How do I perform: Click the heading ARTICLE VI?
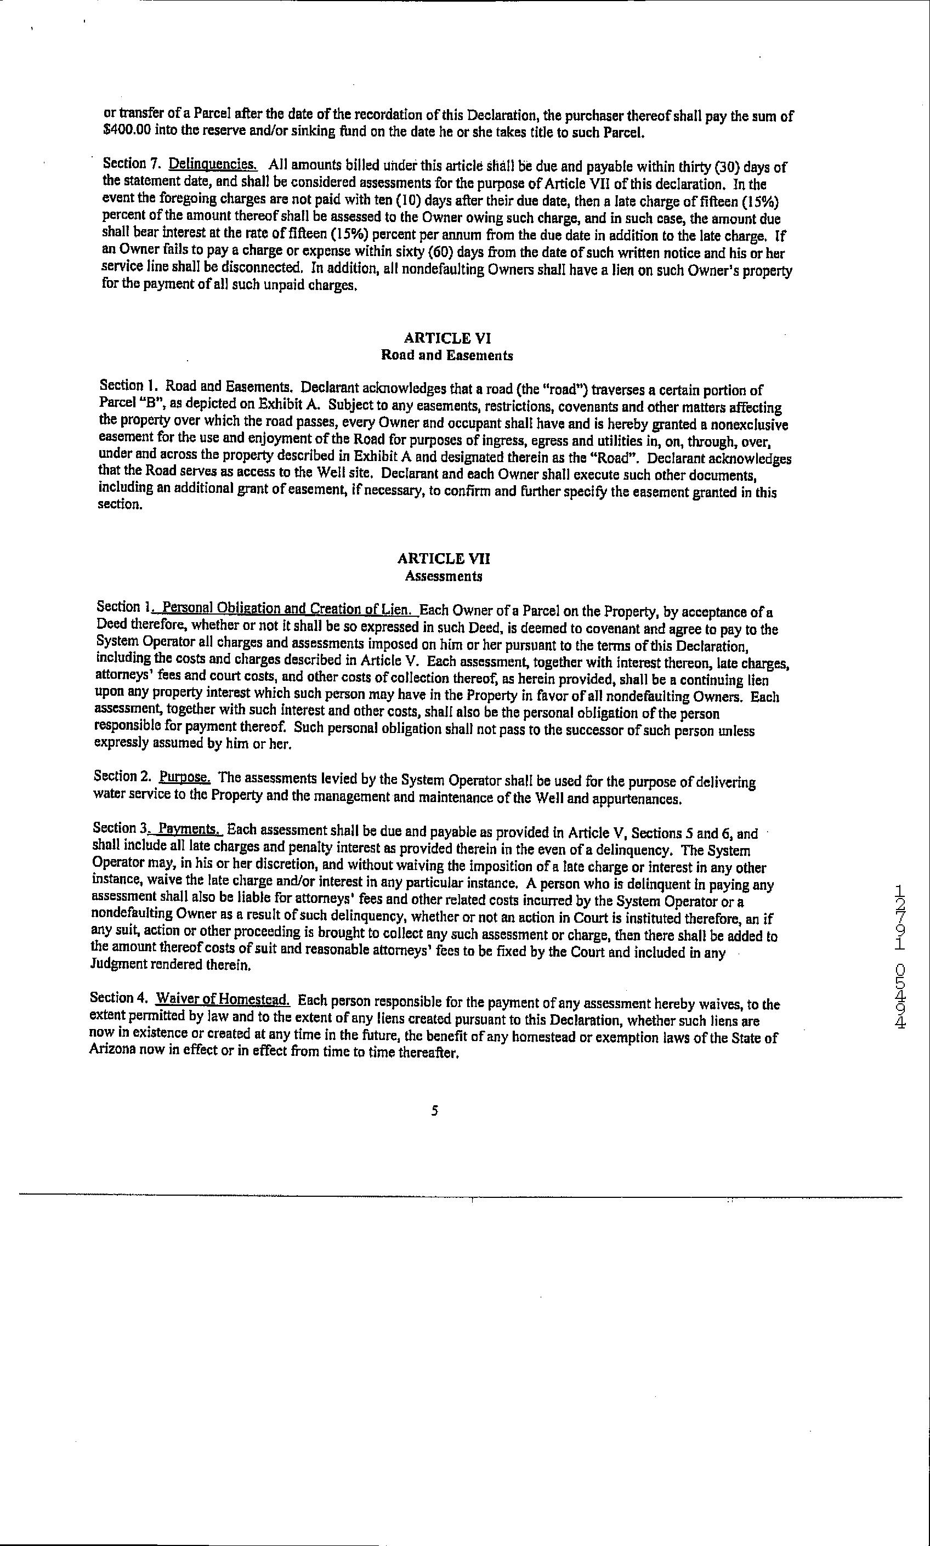(x=446, y=338)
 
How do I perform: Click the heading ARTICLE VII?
(x=444, y=559)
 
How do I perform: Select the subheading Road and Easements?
(x=447, y=355)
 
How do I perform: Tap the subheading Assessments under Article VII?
(x=443, y=576)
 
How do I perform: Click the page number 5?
(x=434, y=1111)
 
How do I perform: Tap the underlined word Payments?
(x=188, y=829)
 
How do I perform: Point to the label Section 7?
(x=124, y=163)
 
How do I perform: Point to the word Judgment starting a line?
(x=115, y=965)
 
